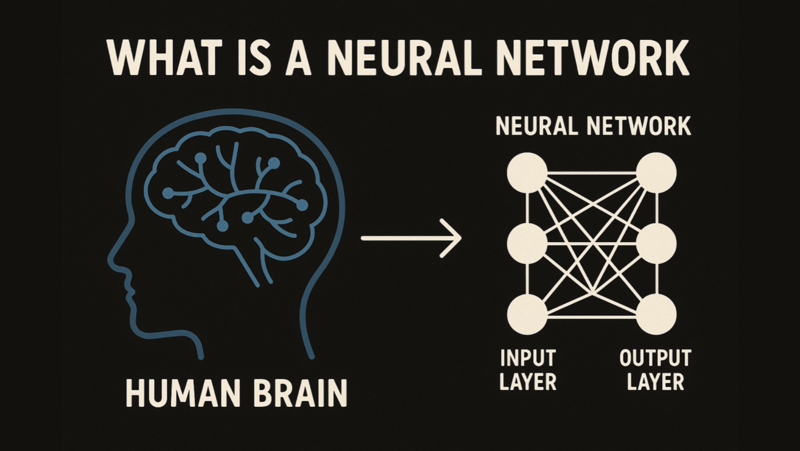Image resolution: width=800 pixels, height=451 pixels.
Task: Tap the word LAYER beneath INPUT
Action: (x=528, y=382)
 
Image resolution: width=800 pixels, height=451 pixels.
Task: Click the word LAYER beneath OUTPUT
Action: (x=655, y=382)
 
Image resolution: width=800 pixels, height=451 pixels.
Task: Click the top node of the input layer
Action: (x=527, y=173)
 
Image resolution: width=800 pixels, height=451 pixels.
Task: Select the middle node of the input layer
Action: (x=527, y=243)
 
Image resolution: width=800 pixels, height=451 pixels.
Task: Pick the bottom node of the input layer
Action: (x=527, y=314)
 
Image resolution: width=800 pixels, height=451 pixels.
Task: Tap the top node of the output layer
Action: (x=656, y=173)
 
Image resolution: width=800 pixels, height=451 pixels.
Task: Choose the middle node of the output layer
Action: (x=656, y=243)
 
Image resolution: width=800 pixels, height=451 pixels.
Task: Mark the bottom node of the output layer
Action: (x=656, y=314)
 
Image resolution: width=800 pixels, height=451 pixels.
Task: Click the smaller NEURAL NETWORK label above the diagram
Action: (x=593, y=126)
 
